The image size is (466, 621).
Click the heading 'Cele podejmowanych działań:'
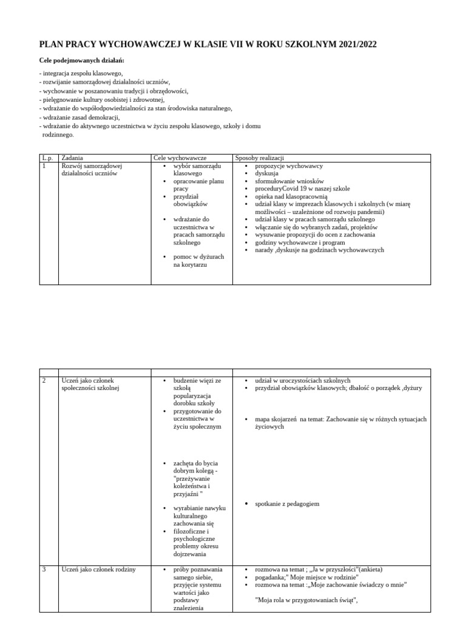tap(81, 61)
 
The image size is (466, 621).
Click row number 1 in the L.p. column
tap(44, 166)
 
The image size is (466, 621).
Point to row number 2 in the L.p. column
tap(44, 380)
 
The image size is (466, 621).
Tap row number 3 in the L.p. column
tap(44, 569)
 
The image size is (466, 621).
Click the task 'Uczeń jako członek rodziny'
tap(98, 569)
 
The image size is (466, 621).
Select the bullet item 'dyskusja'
tap(267, 173)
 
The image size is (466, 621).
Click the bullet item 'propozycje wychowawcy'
tap(289, 166)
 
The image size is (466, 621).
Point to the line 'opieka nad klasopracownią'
tap(291, 196)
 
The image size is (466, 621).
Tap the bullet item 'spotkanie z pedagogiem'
tap(287, 504)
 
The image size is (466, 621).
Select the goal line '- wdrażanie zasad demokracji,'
tap(79, 117)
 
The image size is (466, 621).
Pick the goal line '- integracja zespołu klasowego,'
tap(81, 73)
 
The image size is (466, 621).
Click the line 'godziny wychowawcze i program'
tap(298, 242)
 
